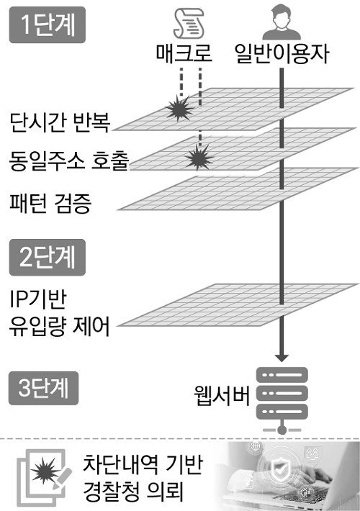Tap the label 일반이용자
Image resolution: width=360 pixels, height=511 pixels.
point(282,55)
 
